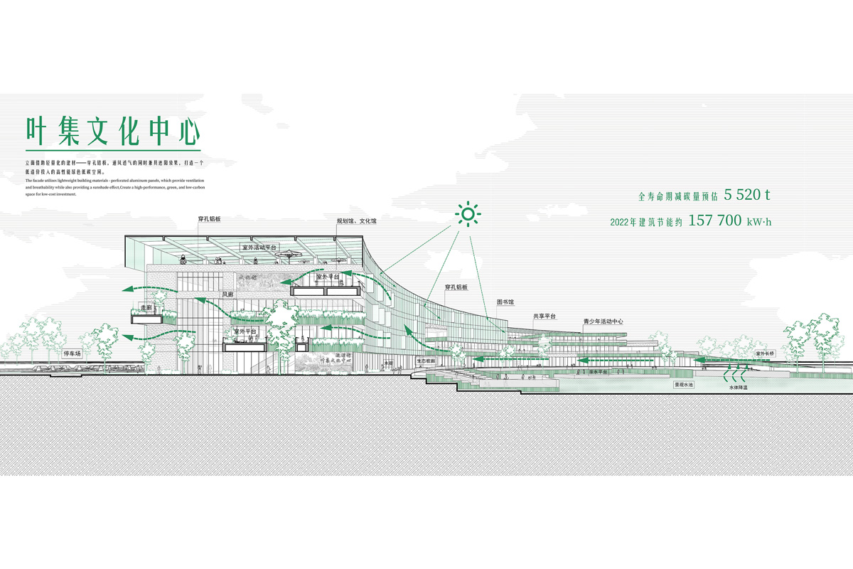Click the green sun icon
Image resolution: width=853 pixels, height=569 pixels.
click(468, 214)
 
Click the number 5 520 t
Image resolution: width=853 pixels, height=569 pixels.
click(749, 194)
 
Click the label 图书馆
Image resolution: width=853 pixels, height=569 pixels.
click(505, 302)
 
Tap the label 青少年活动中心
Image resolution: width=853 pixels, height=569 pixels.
click(603, 321)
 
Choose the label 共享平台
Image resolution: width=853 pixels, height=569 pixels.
click(544, 315)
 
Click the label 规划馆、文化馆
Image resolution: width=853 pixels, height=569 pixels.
click(357, 221)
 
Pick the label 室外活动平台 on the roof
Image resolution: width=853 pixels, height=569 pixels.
click(260, 248)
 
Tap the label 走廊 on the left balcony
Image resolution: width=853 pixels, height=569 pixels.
click(147, 308)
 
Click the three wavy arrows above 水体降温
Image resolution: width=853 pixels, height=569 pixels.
click(736, 373)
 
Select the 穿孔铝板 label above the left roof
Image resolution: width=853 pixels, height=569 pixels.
click(209, 219)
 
